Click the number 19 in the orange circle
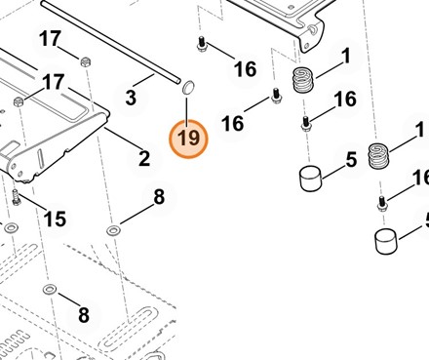tap(188, 138)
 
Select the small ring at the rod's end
tap(188, 88)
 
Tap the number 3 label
tap(131, 98)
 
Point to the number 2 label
tap(144, 158)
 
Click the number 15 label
tap(55, 219)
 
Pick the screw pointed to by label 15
tap(16, 198)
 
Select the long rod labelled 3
tap(111, 42)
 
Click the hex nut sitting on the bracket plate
tap(19, 101)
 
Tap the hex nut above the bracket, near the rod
tap(85, 61)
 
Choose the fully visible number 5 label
tap(351, 159)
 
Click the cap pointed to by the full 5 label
tap(310, 179)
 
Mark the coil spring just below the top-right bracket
tap(303, 80)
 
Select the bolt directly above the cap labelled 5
tap(306, 124)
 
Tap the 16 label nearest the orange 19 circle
tap(232, 124)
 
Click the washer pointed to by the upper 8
tap(113, 230)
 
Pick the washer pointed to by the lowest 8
tap(49, 289)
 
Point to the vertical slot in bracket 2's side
tap(40, 159)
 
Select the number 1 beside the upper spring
tap(346, 56)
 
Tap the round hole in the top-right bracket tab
tap(313, 29)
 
